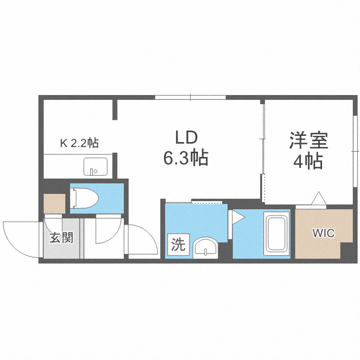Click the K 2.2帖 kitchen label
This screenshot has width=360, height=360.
[x=79, y=143]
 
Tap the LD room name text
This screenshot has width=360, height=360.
[x=186, y=138]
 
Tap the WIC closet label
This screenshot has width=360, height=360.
[x=324, y=234]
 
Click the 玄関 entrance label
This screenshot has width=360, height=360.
[x=62, y=237]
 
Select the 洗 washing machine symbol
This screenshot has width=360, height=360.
[x=178, y=245]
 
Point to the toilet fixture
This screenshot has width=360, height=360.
[x=84, y=197]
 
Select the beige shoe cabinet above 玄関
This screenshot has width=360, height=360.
[x=54, y=204]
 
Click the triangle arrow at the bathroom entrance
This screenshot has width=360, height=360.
[x=238, y=218]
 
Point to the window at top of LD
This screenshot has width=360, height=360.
[x=190, y=98]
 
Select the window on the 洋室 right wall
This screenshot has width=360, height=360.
[x=355, y=151]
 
